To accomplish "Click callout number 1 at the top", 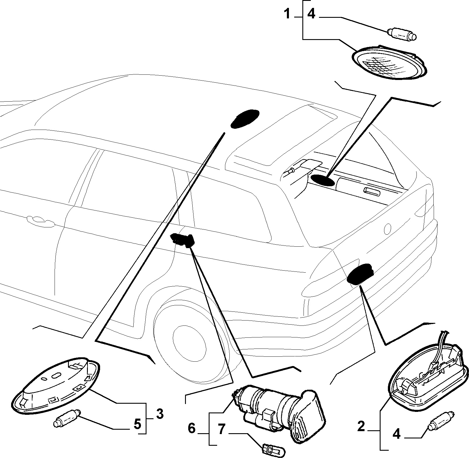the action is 287,14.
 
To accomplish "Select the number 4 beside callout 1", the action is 312,14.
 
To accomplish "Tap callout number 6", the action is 191,429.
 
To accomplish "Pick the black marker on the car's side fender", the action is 182,240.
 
